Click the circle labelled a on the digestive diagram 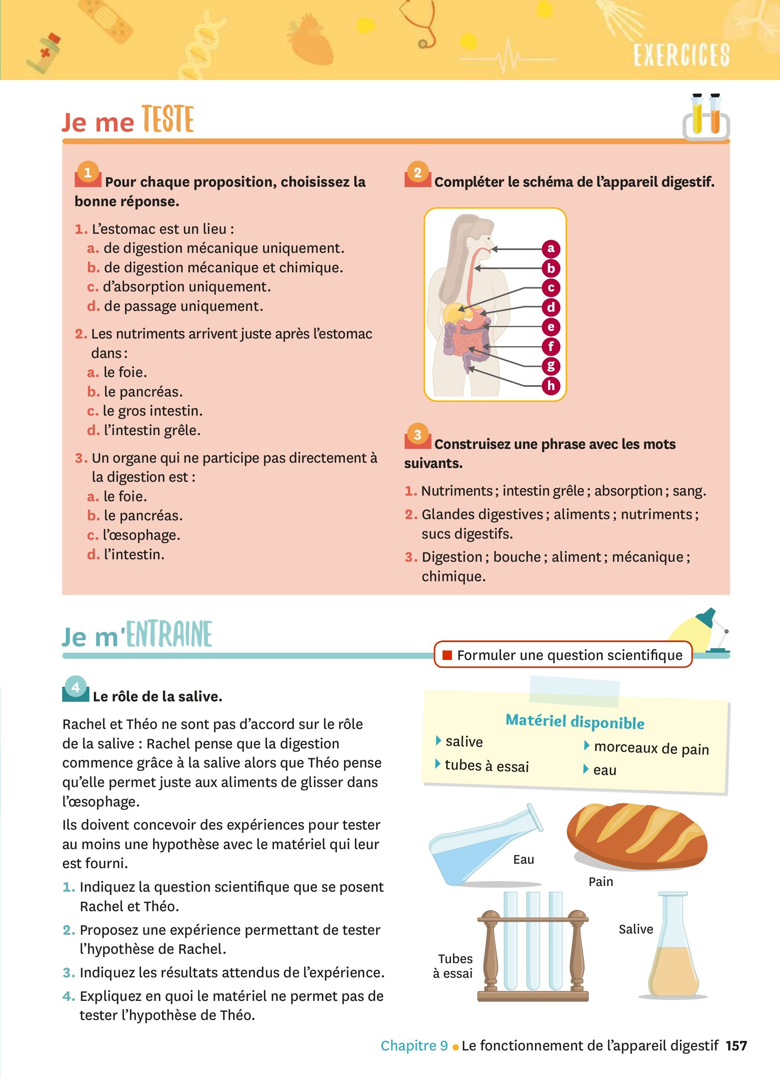[x=551, y=248]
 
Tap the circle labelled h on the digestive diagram [x=551, y=386]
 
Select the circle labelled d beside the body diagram [x=551, y=307]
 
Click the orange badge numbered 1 [x=87, y=173]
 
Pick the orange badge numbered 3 [x=417, y=435]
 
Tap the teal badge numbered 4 [x=75, y=687]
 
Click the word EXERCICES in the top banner [x=681, y=55]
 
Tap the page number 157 [x=736, y=1045]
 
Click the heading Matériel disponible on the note [x=574, y=722]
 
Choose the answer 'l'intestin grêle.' [x=152, y=430]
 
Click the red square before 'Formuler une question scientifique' [x=446, y=655]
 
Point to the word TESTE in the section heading [x=168, y=120]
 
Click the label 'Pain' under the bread [x=601, y=882]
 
